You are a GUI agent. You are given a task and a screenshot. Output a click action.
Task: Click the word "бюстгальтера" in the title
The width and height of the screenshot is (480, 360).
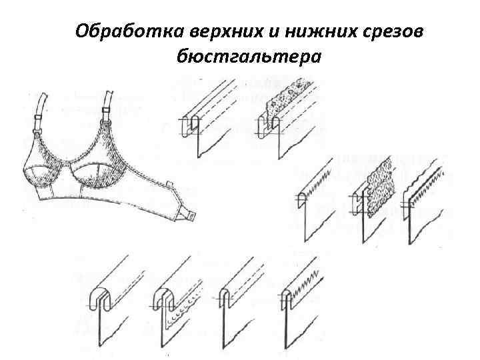(x=249, y=57)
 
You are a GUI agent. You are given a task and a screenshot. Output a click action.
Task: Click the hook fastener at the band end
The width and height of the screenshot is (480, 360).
(x=188, y=214)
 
